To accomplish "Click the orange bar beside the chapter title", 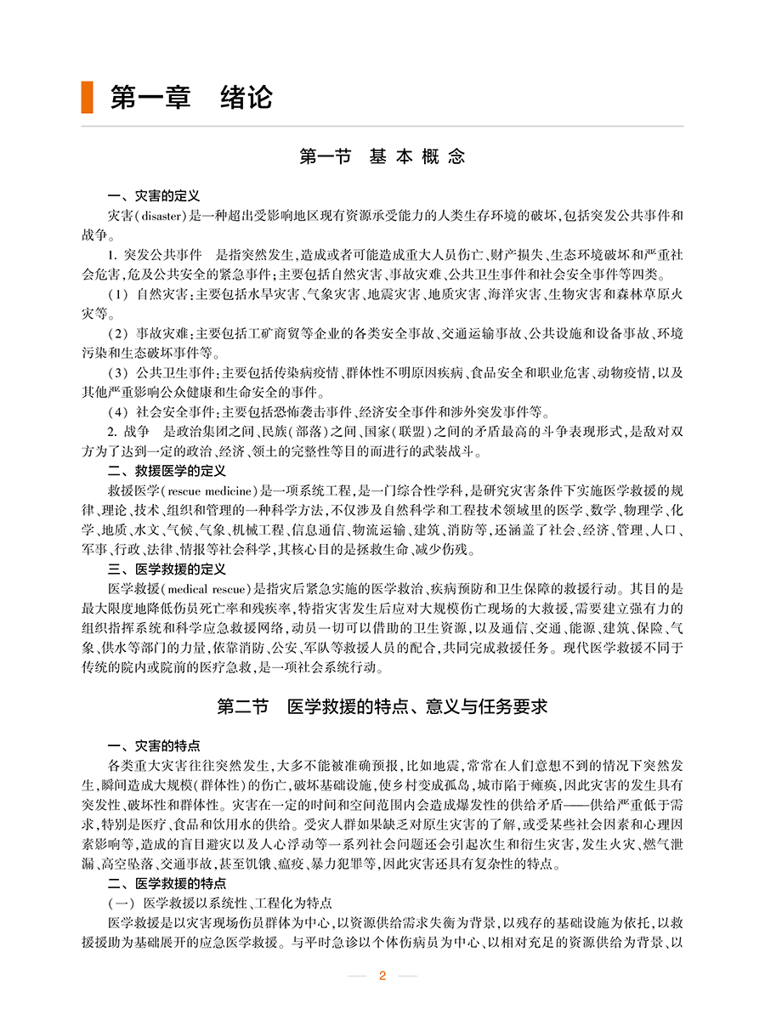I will click(87, 97).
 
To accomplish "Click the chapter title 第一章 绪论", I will click(191, 97).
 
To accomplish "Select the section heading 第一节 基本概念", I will click(382, 156).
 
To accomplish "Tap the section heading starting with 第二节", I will click(382, 706).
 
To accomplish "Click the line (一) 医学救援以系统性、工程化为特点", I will click(219, 902).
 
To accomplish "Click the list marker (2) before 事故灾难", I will click(118, 333).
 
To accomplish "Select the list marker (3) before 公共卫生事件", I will click(118, 372).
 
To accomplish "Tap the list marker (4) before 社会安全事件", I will click(118, 411).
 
